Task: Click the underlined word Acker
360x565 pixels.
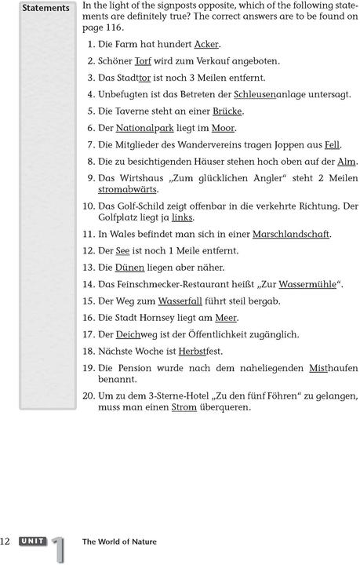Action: click(x=206, y=44)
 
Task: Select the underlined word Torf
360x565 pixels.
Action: click(x=143, y=60)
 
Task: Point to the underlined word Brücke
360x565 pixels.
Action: click(x=227, y=111)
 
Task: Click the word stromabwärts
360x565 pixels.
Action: click(x=126, y=189)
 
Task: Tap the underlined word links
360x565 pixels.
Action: click(x=180, y=217)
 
